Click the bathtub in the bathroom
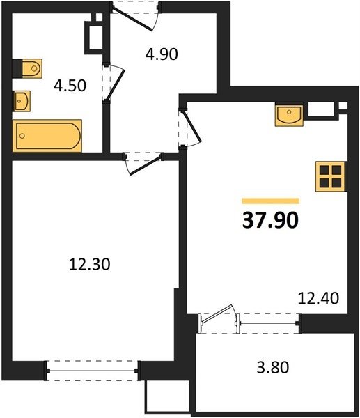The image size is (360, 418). [x=47, y=136]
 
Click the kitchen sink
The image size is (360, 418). [x=289, y=114]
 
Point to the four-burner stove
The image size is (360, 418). [x=331, y=176]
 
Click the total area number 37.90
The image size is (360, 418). [x=270, y=221]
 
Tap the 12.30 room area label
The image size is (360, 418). [x=89, y=265]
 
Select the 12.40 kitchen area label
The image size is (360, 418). [x=318, y=298]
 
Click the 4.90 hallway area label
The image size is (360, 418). [x=162, y=54]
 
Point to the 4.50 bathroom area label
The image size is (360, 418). [x=70, y=86]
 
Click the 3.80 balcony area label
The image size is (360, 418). [x=272, y=367]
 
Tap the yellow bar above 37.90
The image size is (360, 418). [x=270, y=201]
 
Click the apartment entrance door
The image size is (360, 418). [x=135, y=16]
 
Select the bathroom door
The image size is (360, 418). [x=114, y=82]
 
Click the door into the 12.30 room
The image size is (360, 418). [x=143, y=163]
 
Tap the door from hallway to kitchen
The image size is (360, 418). [x=189, y=127]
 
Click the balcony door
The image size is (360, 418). [x=218, y=318]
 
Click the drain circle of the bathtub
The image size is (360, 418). [x=22, y=136]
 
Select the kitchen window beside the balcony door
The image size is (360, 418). [x=269, y=323]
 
